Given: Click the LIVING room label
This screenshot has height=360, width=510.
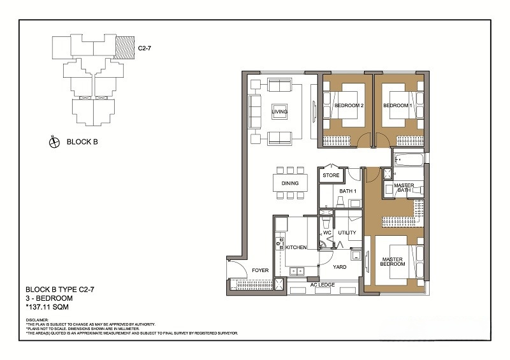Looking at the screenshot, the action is click(x=280, y=112).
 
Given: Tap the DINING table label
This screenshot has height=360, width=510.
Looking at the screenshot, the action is click(x=290, y=183).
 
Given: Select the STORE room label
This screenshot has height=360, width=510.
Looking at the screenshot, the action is click(x=331, y=175).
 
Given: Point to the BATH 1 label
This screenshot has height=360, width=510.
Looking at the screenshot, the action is click(x=347, y=191).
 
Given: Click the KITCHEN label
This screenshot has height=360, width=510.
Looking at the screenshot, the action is click(x=296, y=247).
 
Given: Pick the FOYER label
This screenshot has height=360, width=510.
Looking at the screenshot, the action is click(x=260, y=270).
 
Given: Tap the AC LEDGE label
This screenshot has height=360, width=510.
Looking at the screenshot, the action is click(x=323, y=285).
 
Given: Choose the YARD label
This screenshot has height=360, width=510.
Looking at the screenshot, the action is click(x=340, y=267).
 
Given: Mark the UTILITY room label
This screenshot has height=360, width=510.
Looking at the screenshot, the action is click(x=347, y=233).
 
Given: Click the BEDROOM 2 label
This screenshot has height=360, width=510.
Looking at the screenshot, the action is click(x=349, y=105).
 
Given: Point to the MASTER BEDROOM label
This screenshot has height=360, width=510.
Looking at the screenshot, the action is click(x=393, y=262).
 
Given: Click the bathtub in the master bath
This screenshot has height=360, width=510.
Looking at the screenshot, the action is click(x=409, y=160).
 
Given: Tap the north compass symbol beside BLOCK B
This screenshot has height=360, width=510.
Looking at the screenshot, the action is click(x=54, y=142).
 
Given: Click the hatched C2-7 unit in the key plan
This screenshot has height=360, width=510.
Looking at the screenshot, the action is click(x=125, y=48).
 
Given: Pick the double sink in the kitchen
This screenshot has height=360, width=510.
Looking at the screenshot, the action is click(x=296, y=271).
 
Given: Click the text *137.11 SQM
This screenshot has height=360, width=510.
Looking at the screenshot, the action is click(x=47, y=307).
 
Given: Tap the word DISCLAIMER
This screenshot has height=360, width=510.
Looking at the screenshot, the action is click(x=37, y=320).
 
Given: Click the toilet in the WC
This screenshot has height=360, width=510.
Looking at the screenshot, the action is click(x=326, y=222).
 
